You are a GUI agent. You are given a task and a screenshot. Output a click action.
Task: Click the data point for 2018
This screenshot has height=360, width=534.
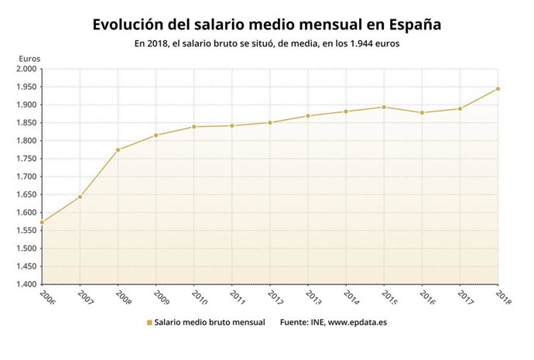pos(498,88)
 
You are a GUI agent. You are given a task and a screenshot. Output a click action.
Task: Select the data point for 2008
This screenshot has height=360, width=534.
pos(118,149)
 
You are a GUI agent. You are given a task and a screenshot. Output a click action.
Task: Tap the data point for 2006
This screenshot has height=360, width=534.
pos(42,222)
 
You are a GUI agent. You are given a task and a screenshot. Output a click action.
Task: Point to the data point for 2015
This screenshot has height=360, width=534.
pos(384,107)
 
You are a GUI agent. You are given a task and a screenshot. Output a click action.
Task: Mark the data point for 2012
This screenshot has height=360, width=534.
pos(270,122)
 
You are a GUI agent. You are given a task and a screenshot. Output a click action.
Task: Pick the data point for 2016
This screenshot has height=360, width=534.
pos(422,112)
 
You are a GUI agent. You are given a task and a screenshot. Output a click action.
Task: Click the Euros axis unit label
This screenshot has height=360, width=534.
pos(29,57)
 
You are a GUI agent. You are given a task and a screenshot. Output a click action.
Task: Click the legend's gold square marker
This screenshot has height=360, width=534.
pos(149,322)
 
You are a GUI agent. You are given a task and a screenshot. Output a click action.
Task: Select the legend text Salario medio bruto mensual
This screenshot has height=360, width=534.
pos(209,322)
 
